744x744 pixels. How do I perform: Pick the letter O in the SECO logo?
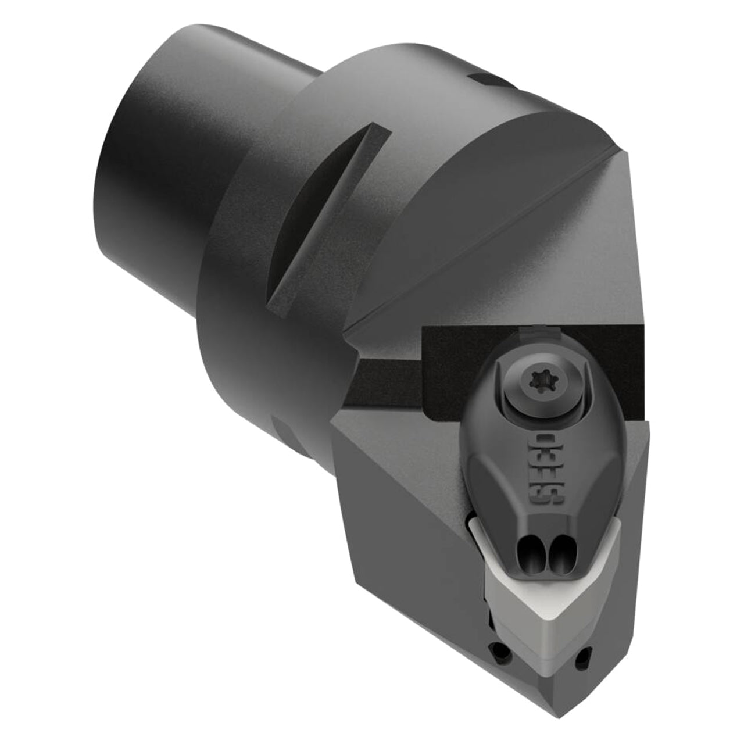tap(545, 441)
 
